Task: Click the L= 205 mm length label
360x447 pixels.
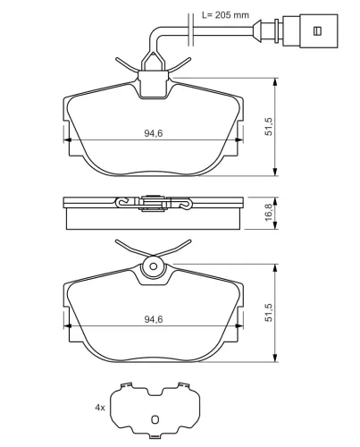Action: point(225,15)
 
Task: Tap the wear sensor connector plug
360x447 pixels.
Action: point(310,31)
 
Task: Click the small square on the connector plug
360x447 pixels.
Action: point(318,31)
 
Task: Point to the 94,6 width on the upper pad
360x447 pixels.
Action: point(154,133)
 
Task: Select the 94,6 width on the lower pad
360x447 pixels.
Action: point(154,319)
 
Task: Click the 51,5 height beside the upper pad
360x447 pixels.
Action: point(268,127)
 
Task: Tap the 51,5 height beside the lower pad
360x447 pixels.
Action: point(268,312)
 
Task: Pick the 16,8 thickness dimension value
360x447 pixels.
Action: point(268,212)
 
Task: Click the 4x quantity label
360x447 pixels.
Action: point(100,408)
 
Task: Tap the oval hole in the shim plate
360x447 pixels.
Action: point(155,419)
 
